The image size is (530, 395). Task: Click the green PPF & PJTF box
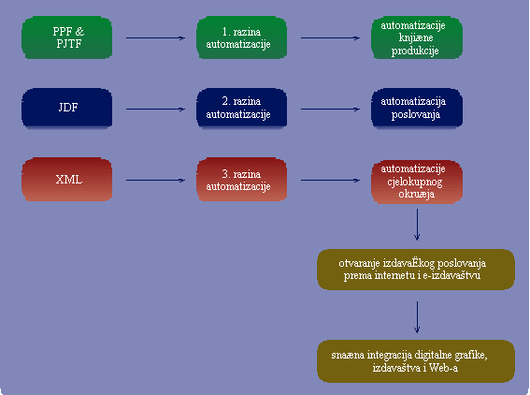[x=67, y=37]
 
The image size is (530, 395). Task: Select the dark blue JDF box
[x=67, y=108]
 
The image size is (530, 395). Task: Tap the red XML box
[x=67, y=179]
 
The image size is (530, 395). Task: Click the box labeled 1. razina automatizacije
[x=242, y=37]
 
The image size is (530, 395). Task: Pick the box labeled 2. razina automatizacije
[x=242, y=108]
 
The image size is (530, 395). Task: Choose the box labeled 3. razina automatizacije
[x=242, y=179]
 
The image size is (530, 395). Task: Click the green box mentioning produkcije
[x=417, y=37]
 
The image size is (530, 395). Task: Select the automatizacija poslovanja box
[x=417, y=108]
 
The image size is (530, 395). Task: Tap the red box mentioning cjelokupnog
[x=417, y=182]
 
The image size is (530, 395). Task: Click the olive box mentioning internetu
[x=416, y=270]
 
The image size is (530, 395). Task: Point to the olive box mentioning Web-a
[x=416, y=361]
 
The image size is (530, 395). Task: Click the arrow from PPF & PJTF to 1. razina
[x=155, y=38]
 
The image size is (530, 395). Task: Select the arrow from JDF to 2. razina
[x=155, y=109]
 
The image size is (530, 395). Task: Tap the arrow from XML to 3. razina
[x=155, y=180]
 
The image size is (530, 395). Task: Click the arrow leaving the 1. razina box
[x=330, y=38]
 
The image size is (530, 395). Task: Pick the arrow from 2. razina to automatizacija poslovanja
[x=330, y=109]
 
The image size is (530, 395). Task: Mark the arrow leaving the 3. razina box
[x=330, y=180]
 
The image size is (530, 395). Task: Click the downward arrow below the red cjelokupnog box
[x=417, y=225]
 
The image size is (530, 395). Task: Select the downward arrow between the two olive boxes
[x=417, y=317]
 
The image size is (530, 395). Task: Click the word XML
[x=68, y=180]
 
